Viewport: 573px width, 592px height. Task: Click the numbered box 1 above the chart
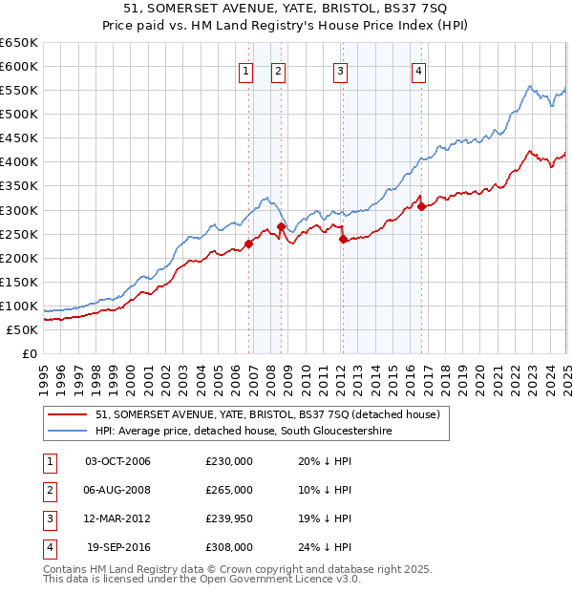[246, 69]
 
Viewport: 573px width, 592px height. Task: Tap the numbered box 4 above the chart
[419, 69]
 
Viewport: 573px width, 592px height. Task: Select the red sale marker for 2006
[248, 243]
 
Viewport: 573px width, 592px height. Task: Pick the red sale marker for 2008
[281, 226]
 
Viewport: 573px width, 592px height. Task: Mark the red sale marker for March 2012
[343, 239]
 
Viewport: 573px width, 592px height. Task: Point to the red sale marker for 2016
[421, 206]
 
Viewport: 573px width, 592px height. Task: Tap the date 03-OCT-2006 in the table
[118, 461]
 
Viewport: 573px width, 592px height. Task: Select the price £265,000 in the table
[229, 490]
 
